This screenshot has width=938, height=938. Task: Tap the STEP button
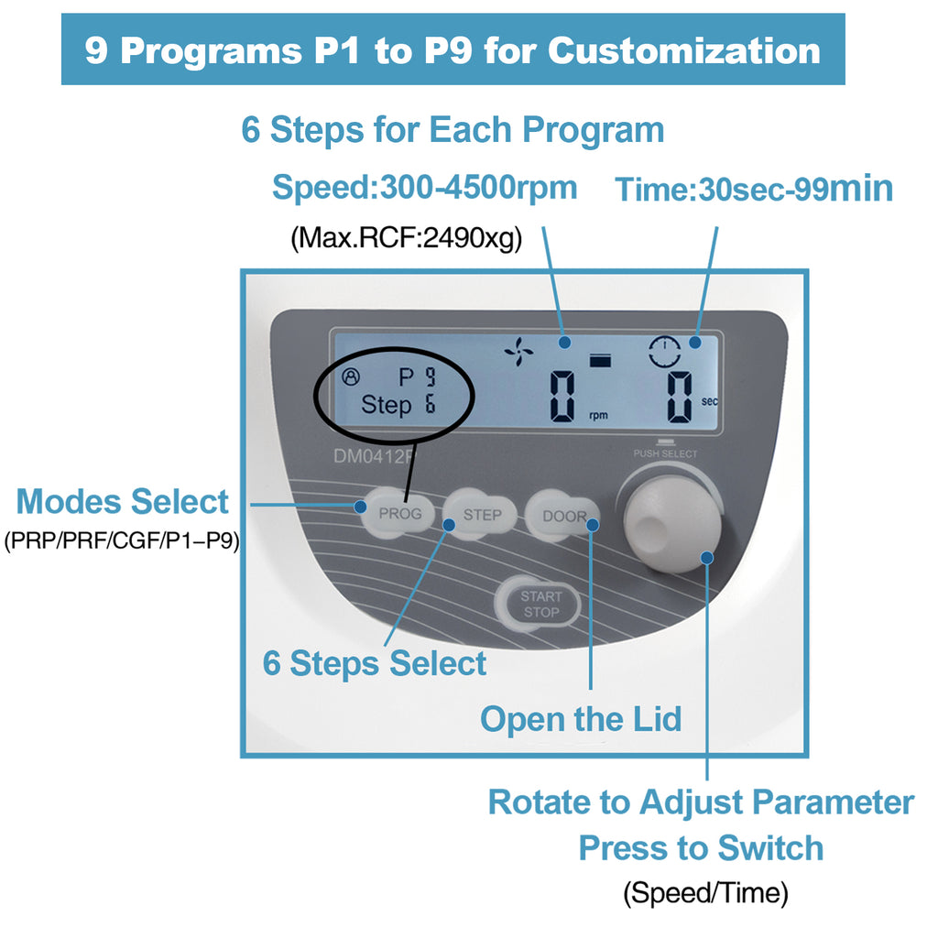point(481,515)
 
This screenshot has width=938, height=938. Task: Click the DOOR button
point(562,516)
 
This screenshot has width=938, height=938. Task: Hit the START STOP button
point(540,604)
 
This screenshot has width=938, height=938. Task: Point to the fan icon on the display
point(518,351)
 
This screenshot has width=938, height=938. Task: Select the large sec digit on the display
point(680,397)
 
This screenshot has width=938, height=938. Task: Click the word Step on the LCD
point(386,405)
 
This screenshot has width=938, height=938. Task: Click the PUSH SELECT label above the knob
point(665,453)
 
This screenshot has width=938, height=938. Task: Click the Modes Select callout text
point(123,502)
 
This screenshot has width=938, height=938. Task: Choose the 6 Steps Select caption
point(374,663)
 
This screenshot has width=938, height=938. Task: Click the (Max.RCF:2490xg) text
point(406,240)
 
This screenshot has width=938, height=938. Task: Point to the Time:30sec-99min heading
point(754,190)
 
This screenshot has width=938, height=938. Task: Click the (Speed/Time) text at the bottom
point(705,893)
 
